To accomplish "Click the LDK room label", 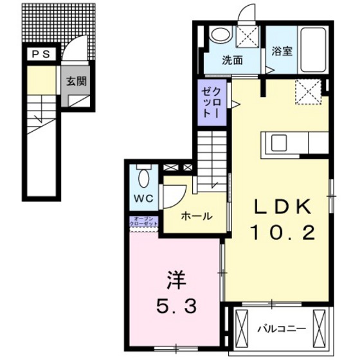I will tap(283, 207).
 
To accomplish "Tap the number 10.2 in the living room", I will tap(283, 233).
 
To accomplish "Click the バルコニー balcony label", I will tap(282, 330).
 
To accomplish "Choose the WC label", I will tap(143, 197).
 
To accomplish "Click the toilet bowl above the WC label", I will tap(143, 174).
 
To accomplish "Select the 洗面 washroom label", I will tap(232, 62).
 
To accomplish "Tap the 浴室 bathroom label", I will tap(282, 51).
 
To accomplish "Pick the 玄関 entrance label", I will tap(77, 81).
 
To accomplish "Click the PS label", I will tap(39, 54).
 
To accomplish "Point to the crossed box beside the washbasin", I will tap(248, 37).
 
